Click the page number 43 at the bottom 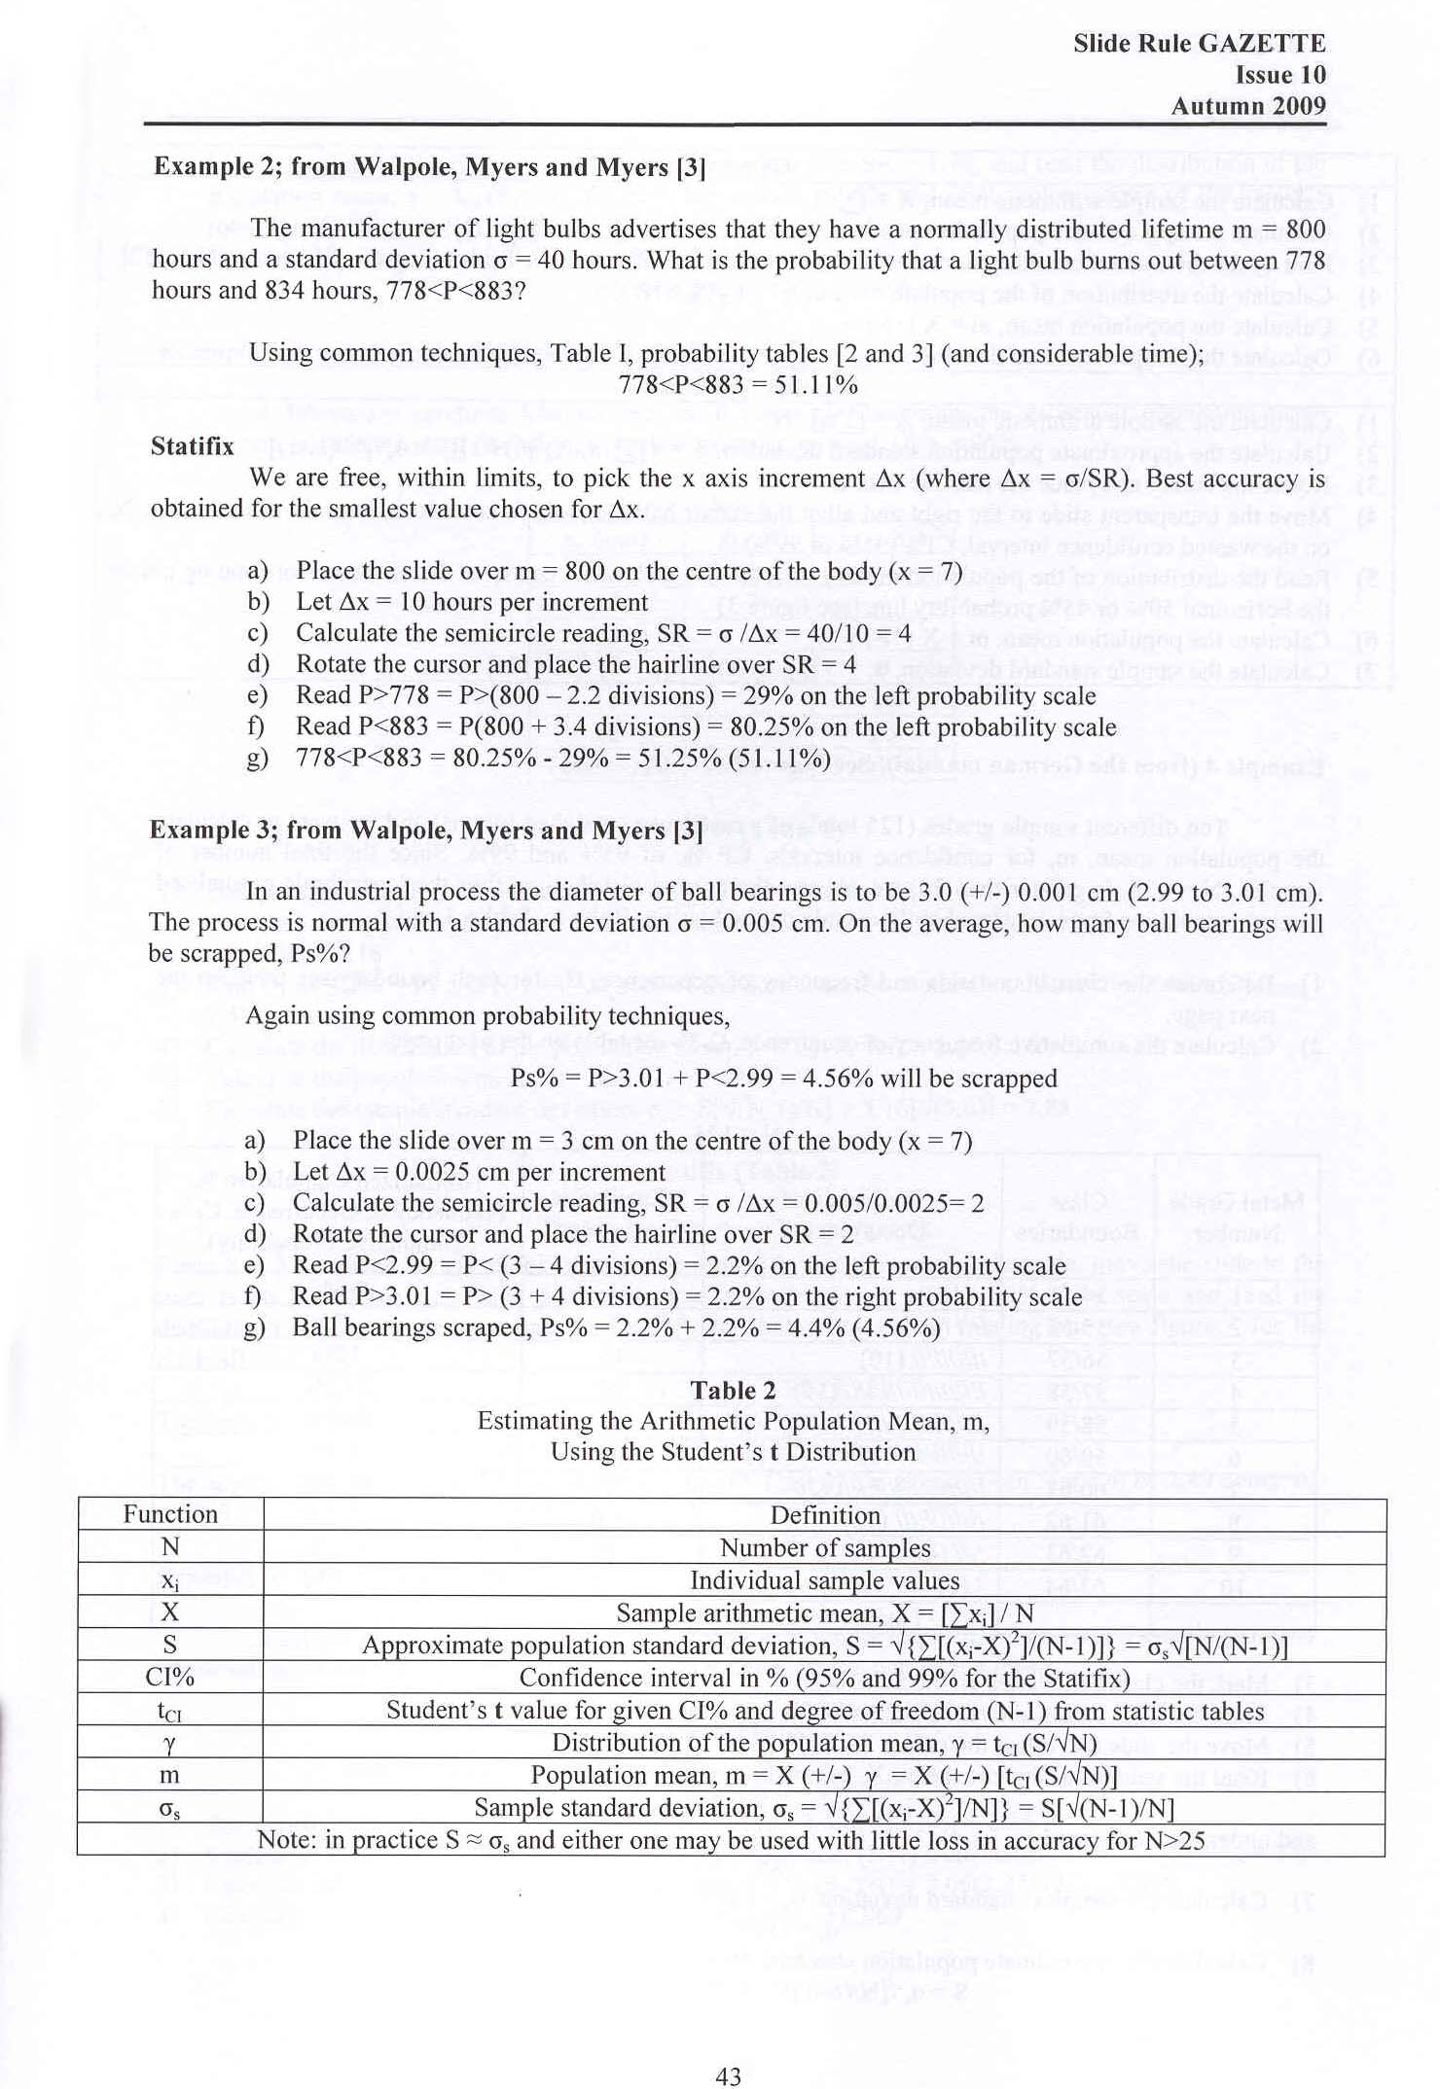tap(728, 2049)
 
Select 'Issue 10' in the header tap(1280, 75)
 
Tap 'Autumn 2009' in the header tap(1248, 106)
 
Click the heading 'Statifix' tap(192, 446)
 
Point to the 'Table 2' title tap(733, 1391)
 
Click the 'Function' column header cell tap(170, 1514)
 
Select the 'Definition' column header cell tap(825, 1515)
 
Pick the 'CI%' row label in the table tap(170, 1678)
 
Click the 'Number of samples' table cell tap(825, 1547)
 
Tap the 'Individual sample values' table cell tap(825, 1580)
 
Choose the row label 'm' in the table tap(170, 1775)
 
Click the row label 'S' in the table tap(170, 1645)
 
